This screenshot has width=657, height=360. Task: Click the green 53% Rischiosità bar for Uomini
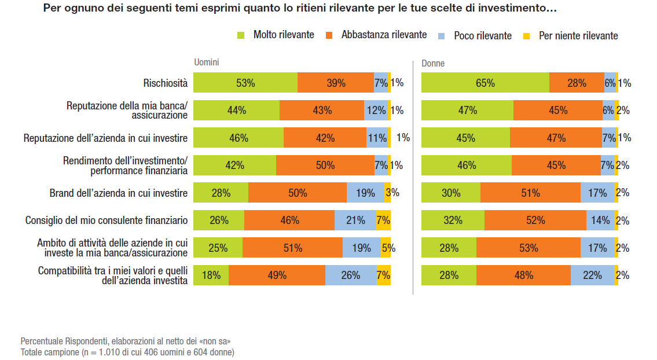point(245,83)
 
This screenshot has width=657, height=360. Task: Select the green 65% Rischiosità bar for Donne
point(485,83)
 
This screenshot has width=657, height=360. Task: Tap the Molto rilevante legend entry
point(277,35)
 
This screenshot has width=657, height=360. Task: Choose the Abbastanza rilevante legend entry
point(377,35)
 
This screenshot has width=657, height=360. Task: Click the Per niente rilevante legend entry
point(571,36)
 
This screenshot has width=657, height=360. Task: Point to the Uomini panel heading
point(206,63)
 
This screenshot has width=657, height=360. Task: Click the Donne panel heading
point(433,63)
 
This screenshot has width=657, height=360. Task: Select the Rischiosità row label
point(166,83)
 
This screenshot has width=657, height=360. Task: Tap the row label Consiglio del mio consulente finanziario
point(107,221)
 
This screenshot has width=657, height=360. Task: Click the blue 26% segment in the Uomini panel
point(351,275)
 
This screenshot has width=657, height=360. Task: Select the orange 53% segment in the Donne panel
point(528,248)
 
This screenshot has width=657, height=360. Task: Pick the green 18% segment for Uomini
point(211,275)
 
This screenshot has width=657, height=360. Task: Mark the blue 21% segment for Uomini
point(355,221)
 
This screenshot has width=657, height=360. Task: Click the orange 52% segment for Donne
point(535,221)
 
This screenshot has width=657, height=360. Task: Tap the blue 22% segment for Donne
point(592,275)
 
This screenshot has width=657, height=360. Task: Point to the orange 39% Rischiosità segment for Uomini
point(336,83)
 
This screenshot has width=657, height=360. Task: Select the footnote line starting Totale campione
point(127,352)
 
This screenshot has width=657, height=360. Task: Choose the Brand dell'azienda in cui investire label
point(119,193)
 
